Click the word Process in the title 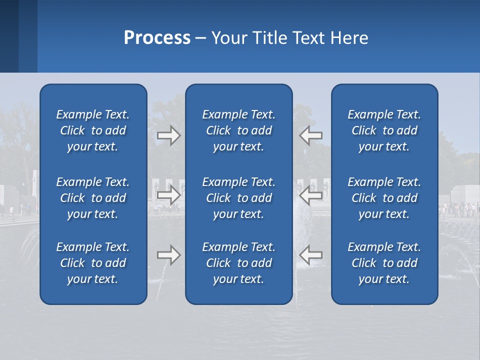coord(157,38)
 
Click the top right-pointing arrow coord(169,135)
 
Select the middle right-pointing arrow coord(169,195)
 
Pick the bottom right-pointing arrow coord(169,255)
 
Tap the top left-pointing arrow coord(310,135)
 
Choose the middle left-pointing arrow coord(310,195)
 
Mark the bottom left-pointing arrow coord(310,255)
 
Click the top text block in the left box coord(93,130)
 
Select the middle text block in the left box coord(93,198)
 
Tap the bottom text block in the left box coord(93,263)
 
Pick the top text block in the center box coord(239,130)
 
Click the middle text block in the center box coord(239,198)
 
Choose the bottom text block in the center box coord(239,263)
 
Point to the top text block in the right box coord(384,130)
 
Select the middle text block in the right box coord(384,198)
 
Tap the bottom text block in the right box coord(384,263)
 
